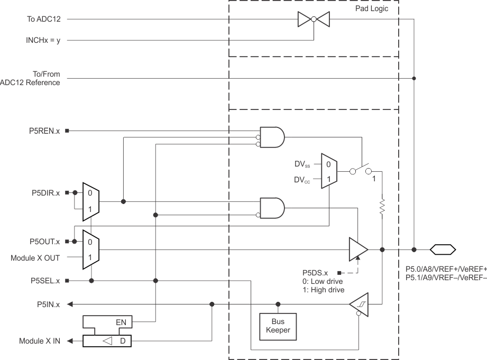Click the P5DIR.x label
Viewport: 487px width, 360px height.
coord(44,193)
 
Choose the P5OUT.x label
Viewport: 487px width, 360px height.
coord(43,242)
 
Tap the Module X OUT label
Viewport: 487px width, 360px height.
coord(35,258)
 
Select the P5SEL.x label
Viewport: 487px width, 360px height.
coord(44,281)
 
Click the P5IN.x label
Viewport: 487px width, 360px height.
coord(49,304)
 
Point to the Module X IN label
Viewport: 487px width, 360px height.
coord(40,341)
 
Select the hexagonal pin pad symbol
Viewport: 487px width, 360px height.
coord(443,249)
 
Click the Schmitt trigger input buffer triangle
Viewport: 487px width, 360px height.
coord(359,304)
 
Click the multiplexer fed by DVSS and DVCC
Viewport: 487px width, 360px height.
coord(329,172)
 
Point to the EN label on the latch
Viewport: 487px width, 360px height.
coord(121,321)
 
